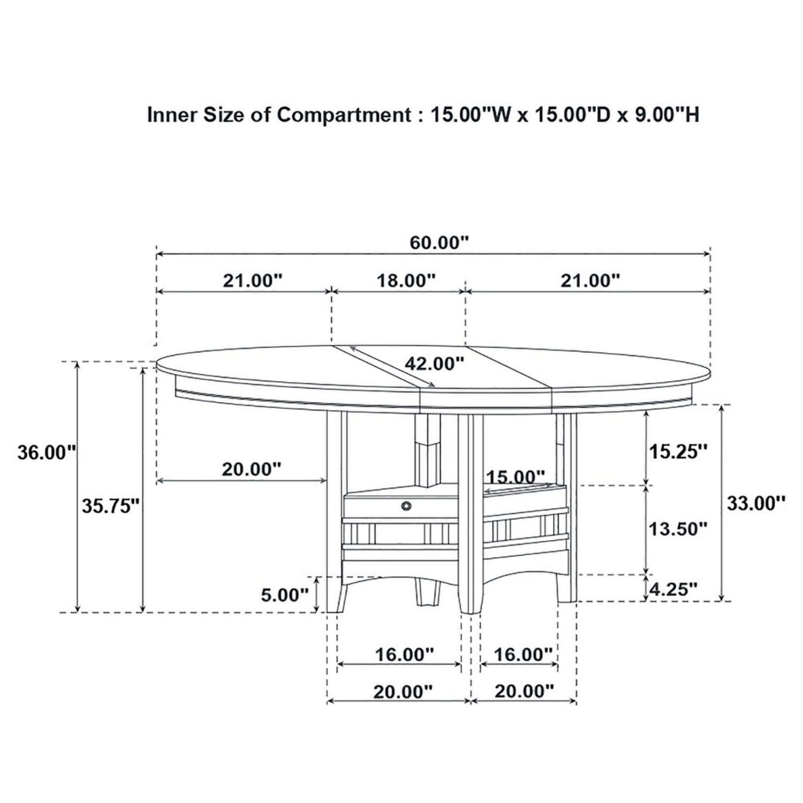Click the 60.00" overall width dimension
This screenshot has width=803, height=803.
(439, 243)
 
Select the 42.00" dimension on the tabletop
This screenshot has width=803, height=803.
(434, 363)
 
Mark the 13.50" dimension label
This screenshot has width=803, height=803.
(678, 529)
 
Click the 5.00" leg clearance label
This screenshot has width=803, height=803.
(284, 594)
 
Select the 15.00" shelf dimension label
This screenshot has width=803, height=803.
(516, 476)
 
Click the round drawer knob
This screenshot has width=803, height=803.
(406, 505)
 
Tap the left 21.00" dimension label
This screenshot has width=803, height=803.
(252, 280)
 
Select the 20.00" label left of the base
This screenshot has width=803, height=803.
(251, 469)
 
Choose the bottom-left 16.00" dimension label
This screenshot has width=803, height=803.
(404, 654)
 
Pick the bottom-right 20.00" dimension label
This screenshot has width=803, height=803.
(524, 691)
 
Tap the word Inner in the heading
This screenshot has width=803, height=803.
(171, 115)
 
